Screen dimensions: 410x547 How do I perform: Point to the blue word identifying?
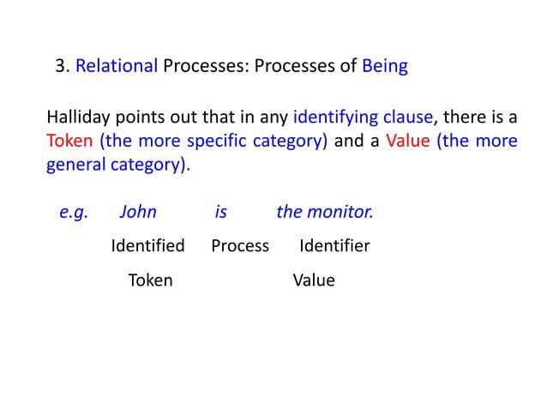(330, 118)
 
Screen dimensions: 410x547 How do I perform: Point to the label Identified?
(148, 247)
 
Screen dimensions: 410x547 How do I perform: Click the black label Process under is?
(240, 247)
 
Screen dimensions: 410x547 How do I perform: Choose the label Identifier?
(334, 247)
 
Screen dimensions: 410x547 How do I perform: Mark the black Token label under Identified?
(150, 280)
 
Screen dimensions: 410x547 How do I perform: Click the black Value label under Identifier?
(314, 280)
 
